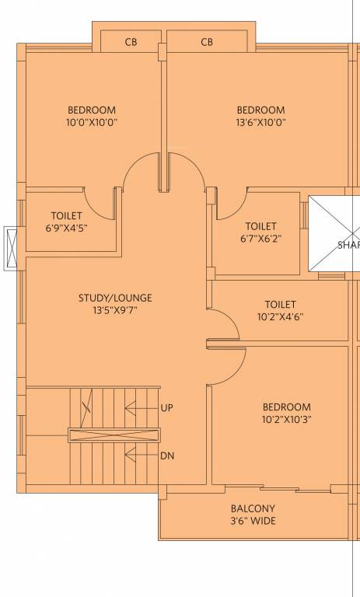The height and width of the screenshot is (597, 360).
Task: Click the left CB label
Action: (x=131, y=42)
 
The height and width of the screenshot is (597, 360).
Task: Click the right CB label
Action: (x=207, y=42)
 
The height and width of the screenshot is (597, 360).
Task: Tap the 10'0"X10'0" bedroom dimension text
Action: (x=92, y=122)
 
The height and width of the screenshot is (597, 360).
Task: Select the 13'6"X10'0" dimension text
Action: (x=260, y=122)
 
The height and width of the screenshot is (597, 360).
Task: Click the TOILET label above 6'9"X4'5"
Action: (x=66, y=215)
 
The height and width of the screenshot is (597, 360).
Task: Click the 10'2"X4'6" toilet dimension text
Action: (x=280, y=316)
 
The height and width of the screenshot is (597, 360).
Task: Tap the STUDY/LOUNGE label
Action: (x=115, y=298)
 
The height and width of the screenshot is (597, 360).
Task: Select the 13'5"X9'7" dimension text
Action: (x=115, y=310)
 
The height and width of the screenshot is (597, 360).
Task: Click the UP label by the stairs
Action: (x=166, y=407)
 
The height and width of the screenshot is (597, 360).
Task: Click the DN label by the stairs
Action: (x=166, y=456)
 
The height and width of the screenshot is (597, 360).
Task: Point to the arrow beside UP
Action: (x=140, y=407)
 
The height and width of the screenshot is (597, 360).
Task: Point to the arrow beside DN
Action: (x=140, y=456)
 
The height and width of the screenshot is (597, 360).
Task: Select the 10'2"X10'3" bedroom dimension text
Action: (x=286, y=419)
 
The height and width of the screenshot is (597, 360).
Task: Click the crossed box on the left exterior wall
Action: (x=12, y=248)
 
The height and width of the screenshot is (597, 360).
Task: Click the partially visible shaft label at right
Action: (x=348, y=246)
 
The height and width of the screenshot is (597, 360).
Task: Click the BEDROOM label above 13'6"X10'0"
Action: (x=260, y=110)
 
